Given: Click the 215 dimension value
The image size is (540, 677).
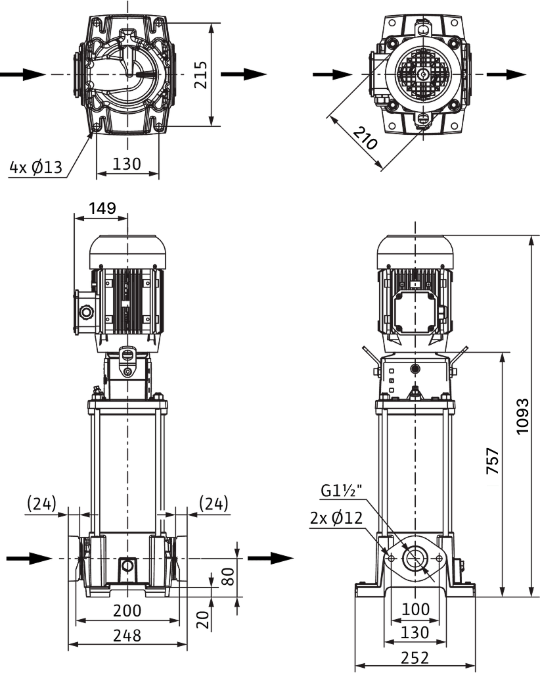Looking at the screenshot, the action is tap(201, 75).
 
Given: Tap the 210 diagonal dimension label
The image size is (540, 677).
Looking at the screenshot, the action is tap(365, 138).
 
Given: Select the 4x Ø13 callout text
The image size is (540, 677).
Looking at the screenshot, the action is tap(36, 167).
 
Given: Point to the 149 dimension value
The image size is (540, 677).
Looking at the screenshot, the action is tap(102, 208).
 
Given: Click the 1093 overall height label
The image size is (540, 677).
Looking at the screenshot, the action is tap(522, 416).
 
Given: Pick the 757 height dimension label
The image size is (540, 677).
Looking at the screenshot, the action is tap(493, 461).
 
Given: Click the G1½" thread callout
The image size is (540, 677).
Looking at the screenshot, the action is tap(341, 491).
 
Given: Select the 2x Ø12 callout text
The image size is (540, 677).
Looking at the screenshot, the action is tap(336, 518).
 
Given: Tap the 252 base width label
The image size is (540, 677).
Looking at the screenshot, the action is tap(415, 657).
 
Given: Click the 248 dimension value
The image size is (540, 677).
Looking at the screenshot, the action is tap(127, 635).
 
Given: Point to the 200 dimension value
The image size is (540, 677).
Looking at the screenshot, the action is tap(127, 611).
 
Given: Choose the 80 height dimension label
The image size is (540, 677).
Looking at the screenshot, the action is tap(229, 576).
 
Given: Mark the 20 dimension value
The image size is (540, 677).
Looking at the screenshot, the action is tap(205, 619).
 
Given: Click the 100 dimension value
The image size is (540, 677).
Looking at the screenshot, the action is tap(415, 609).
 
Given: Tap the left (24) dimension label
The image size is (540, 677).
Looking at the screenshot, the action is tap(42, 503).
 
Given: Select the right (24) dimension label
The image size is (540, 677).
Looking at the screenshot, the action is tap(214, 503).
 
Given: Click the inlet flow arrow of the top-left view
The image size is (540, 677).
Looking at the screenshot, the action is tap(22, 74).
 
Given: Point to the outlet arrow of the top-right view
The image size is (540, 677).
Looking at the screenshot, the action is tap(506, 74).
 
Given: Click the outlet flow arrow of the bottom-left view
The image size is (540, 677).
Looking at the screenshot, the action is tap(270, 559).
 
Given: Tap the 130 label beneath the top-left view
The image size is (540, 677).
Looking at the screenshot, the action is tap(127, 164).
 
